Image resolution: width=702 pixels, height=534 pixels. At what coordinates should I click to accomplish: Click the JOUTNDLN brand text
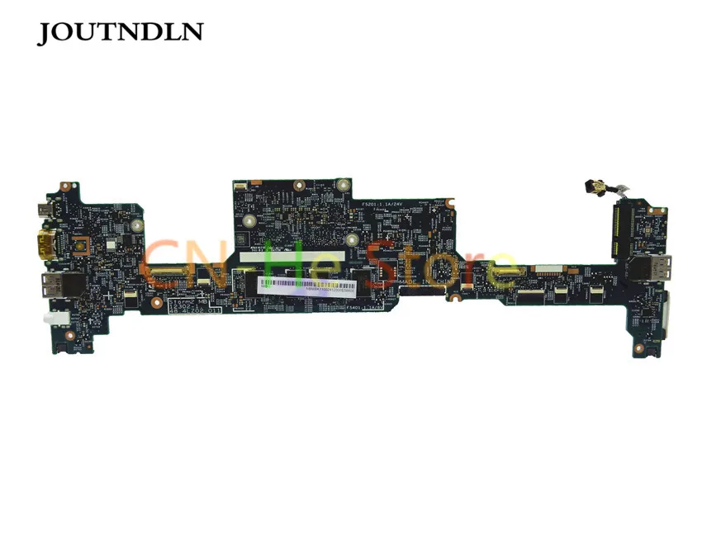point(121,33)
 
